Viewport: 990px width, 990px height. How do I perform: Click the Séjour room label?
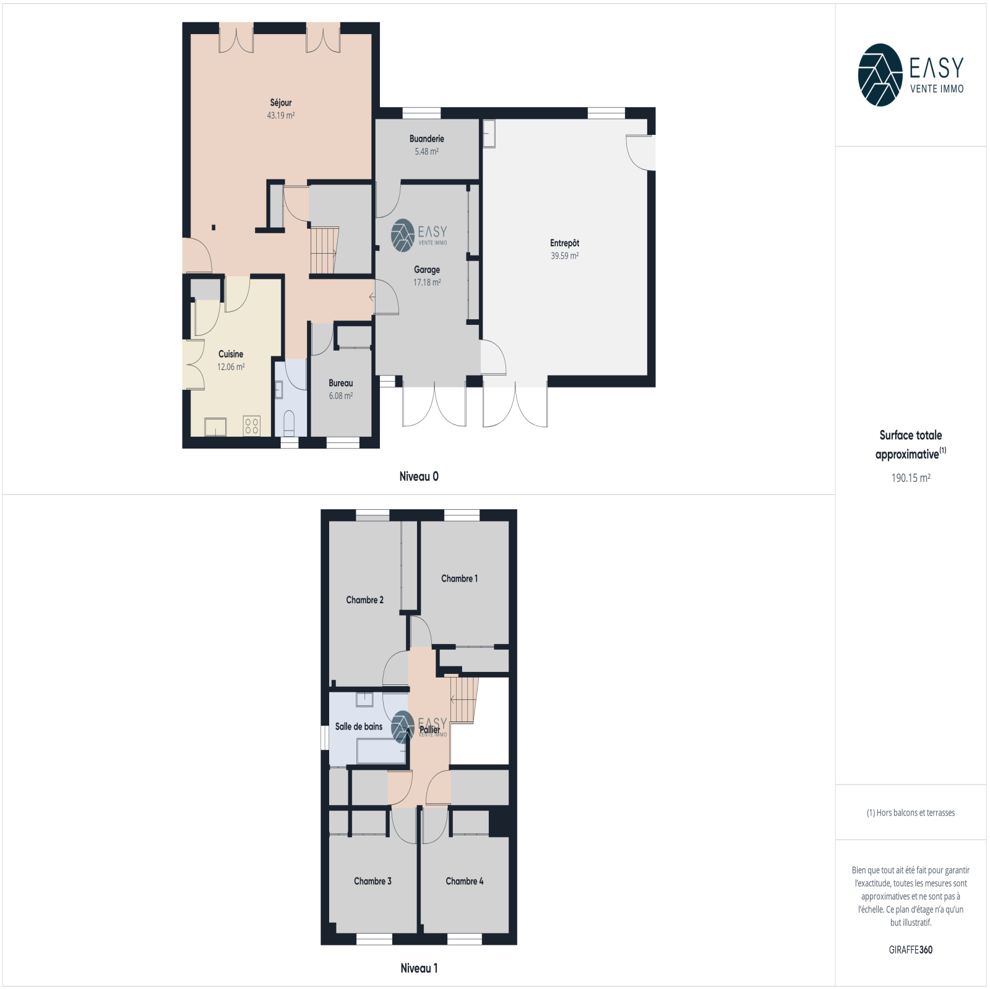[x=280, y=103]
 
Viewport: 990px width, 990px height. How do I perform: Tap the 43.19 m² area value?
[x=280, y=115]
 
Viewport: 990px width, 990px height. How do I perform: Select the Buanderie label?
[x=426, y=139]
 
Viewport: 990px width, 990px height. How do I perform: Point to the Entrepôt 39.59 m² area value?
[x=564, y=256]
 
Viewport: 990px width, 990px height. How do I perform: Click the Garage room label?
[x=427, y=270]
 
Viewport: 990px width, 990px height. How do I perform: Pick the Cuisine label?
[x=231, y=354]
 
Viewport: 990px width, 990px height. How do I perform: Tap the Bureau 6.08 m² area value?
[x=340, y=396]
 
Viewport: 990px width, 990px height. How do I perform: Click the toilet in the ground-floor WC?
[x=289, y=423]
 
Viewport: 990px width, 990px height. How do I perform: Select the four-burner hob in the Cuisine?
[x=251, y=425]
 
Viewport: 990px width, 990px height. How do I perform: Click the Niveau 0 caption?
[x=419, y=476]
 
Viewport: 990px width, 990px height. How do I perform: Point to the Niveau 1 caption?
[x=419, y=968]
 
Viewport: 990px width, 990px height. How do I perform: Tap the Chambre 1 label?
[x=459, y=579]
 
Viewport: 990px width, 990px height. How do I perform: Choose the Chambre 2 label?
[x=364, y=600]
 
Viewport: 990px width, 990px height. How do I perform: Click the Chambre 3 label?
[x=372, y=881]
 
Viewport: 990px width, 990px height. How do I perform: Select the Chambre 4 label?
[x=464, y=881]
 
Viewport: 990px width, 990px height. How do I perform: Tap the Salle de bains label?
[x=358, y=726]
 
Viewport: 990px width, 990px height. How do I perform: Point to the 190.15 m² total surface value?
[x=911, y=478]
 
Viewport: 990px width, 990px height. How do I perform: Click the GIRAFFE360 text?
[x=910, y=950]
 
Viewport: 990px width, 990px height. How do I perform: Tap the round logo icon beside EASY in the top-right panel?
[x=880, y=75]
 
